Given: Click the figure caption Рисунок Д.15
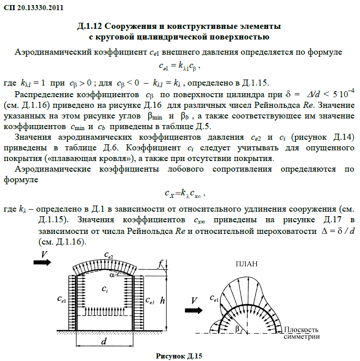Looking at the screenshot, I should (x=179, y=356).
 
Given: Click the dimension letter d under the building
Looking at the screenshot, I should (x=103, y=342).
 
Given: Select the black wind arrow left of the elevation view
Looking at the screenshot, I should (x=43, y=261).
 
